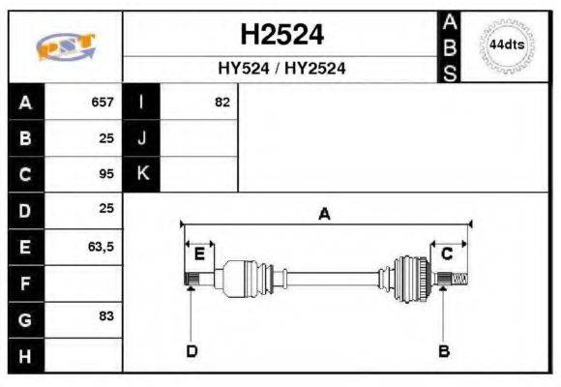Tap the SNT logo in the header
[x=65, y=46]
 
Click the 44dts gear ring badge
[x=507, y=45]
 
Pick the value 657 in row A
[x=103, y=102]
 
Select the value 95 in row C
[x=106, y=174]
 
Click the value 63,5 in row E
[x=101, y=247]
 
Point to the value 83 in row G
[x=106, y=317]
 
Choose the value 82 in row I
[x=221, y=102]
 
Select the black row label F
[x=25, y=283]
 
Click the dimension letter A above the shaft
[x=324, y=214]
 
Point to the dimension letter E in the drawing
[x=199, y=253]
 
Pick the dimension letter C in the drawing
[x=447, y=253]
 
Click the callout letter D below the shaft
[x=192, y=350]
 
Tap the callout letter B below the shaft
[x=444, y=350]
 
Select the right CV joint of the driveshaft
[x=411, y=279]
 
